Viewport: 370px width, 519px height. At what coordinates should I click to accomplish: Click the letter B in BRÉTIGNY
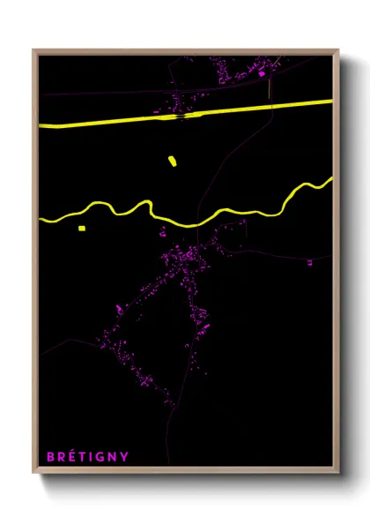coord(50,456)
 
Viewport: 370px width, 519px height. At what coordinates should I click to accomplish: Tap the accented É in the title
coord(73,456)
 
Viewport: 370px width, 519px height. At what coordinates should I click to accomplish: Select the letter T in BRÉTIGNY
coord(84,456)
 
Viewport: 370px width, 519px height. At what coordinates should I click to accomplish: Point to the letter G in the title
coord(101,456)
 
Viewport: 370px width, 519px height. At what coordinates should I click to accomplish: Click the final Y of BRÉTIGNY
coord(124,456)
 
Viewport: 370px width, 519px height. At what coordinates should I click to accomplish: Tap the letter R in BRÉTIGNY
coord(62,456)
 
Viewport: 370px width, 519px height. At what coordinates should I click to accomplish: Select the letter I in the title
coord(92,456)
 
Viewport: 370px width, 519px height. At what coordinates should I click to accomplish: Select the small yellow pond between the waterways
coord(172,161)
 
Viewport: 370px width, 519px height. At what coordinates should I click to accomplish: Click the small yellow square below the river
coord(81,229)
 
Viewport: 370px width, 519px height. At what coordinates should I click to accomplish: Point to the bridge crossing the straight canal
coord(181,114)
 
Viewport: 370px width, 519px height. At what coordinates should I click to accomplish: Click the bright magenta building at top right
coord(262,74)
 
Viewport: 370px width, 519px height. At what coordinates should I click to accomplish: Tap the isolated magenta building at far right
coord(308,262)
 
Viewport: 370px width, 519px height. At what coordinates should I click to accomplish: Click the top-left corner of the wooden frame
coord(33,50)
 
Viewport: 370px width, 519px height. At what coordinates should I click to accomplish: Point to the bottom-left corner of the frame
coord(33,474)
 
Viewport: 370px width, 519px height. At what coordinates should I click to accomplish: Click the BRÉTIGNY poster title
coord(87,456)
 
